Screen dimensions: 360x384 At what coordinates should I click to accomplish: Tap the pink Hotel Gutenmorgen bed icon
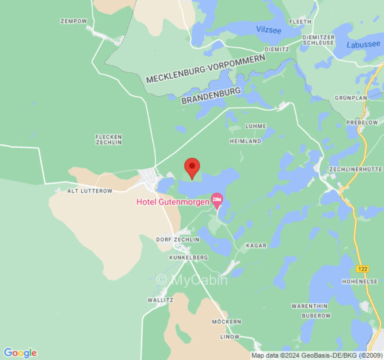(217, 199)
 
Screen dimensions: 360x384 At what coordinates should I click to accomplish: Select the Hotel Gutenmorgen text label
(173, 202)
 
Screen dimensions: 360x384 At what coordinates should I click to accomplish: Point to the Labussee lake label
(363, 45)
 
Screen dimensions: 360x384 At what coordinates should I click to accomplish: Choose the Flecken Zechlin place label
(108, 139)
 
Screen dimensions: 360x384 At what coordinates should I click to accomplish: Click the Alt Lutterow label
(90, 191)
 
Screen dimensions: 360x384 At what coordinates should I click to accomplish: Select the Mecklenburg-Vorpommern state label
(206, 71)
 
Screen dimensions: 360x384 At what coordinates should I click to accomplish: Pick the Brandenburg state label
(211, 95)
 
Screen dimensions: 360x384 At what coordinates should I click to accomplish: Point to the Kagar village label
(256, 246)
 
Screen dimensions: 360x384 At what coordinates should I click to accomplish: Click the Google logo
(20, 352)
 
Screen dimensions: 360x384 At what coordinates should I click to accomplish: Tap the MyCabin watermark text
(192, 280)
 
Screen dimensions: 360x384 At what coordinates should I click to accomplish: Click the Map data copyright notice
(316, 355)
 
